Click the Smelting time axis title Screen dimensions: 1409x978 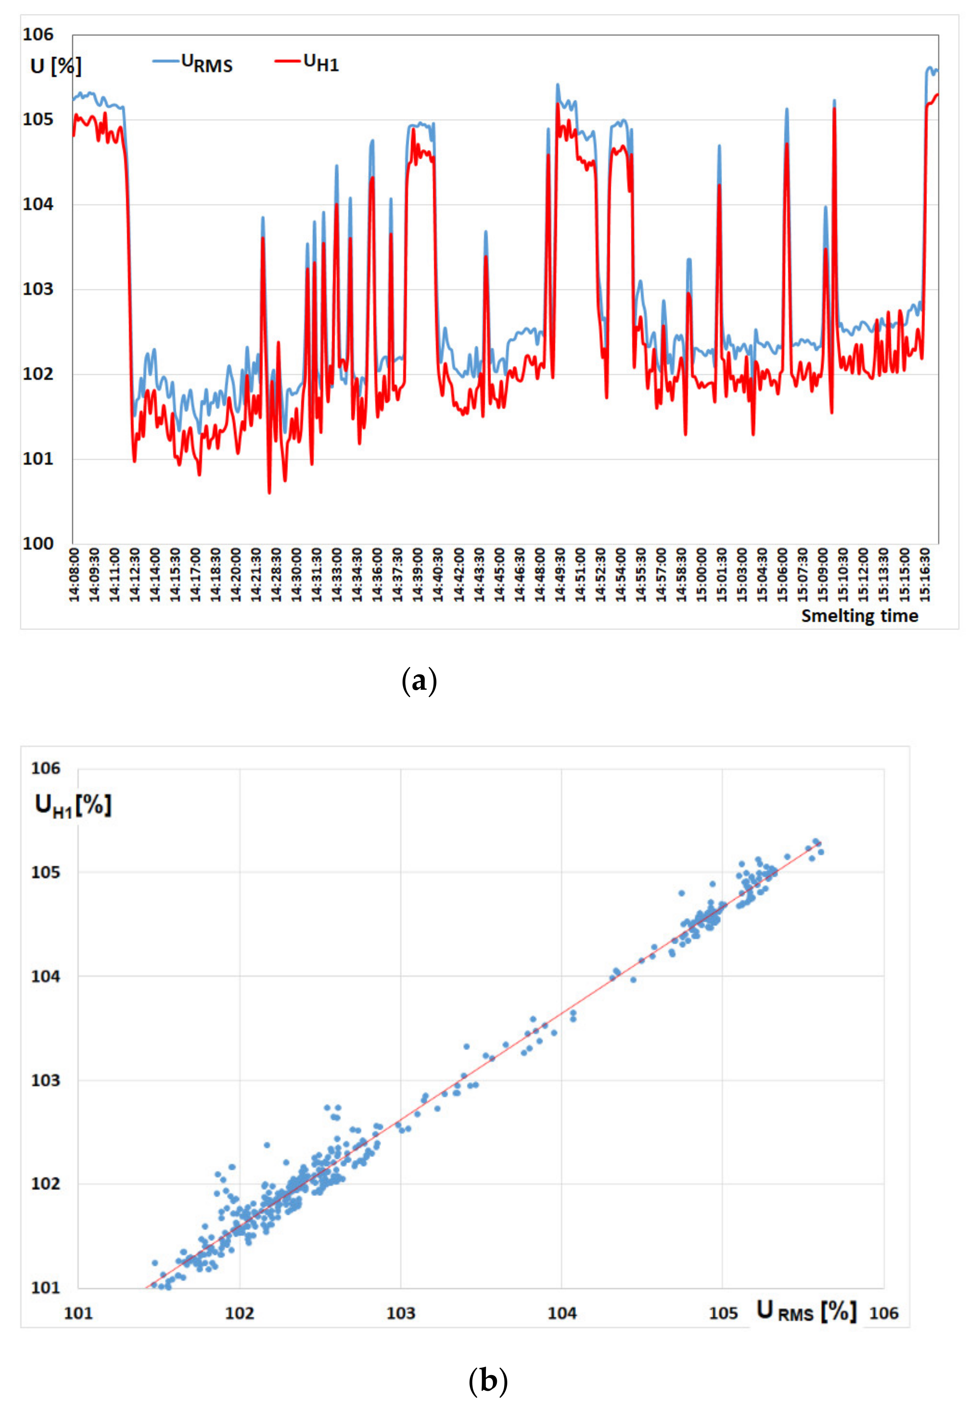pyautogui.click(x=859, y=616)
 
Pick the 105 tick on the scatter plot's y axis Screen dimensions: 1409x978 pyautogui.click(x=46, y=872)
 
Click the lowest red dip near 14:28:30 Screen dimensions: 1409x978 pyautogui.click(x=269, y=492)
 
